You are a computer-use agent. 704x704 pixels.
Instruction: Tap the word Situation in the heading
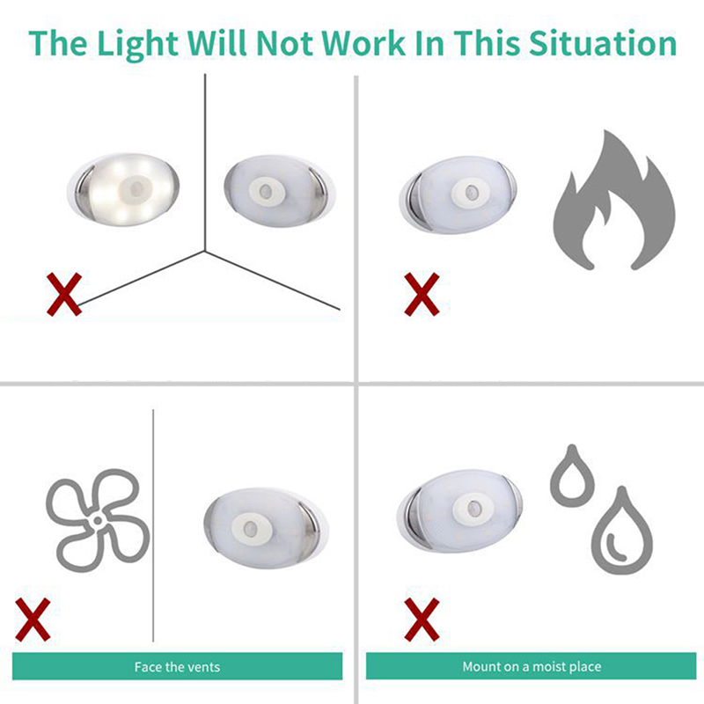coord(603,43)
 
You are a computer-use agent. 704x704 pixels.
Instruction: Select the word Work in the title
coord(363,43)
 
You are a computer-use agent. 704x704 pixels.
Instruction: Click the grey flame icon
coord(614,201)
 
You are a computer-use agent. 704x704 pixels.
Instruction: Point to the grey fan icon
coord(98,520)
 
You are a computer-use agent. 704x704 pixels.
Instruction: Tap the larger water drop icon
coord(622,532)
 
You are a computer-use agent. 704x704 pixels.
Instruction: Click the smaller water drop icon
coord(572,476)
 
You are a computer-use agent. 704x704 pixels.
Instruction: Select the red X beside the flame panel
coord(422,294)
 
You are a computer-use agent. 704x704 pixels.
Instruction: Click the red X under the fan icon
coord(33,620)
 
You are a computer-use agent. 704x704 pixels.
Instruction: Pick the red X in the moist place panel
coord(422,620)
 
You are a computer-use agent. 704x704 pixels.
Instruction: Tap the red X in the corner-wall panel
coord(64,294)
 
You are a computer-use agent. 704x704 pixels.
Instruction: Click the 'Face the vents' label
coord(178,667)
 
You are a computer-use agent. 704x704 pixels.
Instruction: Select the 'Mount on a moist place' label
coord(532,667)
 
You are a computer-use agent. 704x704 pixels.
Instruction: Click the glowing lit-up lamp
coord(123,189)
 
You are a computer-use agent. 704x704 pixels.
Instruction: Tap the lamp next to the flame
coord(458,195)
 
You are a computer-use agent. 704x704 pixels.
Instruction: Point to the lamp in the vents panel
coord(266,528)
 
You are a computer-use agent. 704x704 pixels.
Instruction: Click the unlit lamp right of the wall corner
coord(279,191)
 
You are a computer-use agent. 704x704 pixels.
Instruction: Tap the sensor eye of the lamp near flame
coord(471,193)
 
